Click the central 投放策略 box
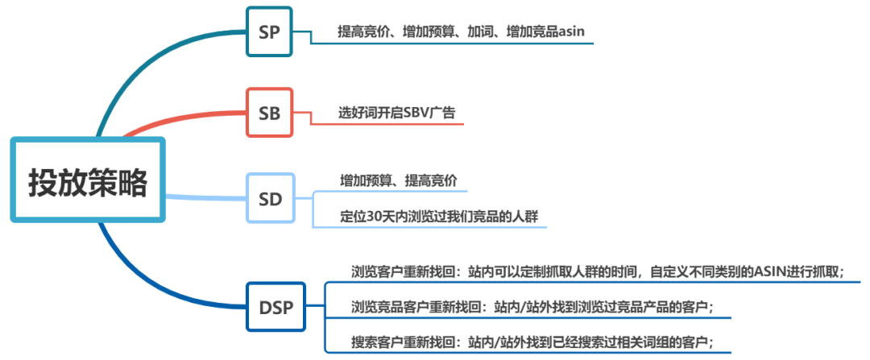[88, 180]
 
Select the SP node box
[269, 32]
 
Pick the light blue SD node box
[270, 197]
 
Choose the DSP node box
[276, 307]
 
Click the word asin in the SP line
[570, 32]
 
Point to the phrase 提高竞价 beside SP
[364, 32]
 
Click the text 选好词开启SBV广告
[396, 113]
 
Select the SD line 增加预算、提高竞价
[399, 180]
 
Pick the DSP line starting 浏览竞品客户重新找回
[532, 307]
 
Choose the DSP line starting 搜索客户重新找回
[532, 342]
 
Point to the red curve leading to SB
[185, 122]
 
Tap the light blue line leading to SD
[205, 196]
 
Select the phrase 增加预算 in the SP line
[429, 32]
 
